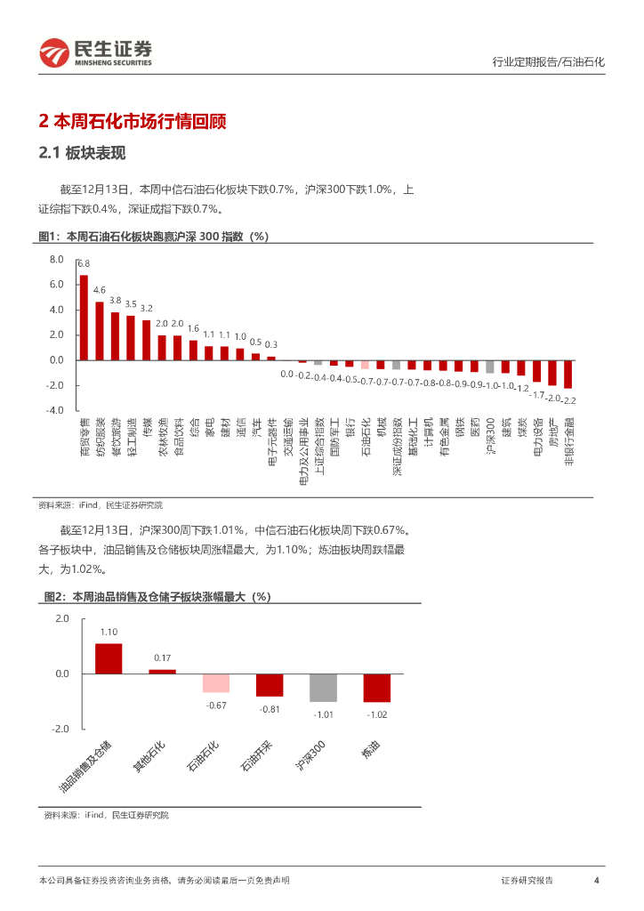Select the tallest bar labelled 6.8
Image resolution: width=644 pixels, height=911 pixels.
pyautogui.click(x=84, y=317)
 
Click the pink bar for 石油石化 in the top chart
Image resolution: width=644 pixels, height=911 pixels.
pyautogui.click(x=365, y=364)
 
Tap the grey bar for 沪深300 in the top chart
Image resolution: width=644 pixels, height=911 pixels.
pyautogui.click(x=490, y=367)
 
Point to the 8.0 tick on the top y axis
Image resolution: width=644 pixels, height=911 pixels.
pyautogui.click(x=57, y=260)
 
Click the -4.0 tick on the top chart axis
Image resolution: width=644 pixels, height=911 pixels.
pyautogui.click(x=56, y=410)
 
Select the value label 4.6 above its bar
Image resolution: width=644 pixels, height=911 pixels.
pyautogui.click(x=100, y=290)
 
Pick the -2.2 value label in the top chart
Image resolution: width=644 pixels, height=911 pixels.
pyautogui.click(x=568, y=400)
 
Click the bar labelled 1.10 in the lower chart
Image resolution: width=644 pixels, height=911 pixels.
pyautogui.click(x=109, y=658)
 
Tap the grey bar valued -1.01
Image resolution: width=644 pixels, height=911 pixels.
pyautogui.click(x=323, y=688)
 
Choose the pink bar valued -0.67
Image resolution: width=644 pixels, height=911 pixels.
pyautogui.click(x=216, y=682)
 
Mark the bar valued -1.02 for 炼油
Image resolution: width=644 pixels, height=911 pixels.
pyautogui.click(x=376, y=688)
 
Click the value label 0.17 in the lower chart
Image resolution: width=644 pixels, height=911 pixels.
pyautogui.click(x=162, y=658)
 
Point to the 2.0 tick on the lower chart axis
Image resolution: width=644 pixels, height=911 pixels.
pyautogui.click(x=61, y=618)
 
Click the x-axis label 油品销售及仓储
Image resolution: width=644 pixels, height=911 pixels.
pyautogui.click(x=86, y=765)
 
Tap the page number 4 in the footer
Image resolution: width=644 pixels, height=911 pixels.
pyautogui.click(x=596, y=881)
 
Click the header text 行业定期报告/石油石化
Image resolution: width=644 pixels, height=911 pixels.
pyautogui.click(x=548, y=62)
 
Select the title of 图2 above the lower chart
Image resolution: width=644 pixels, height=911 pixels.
pyautogui.click(x=157, y=597)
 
